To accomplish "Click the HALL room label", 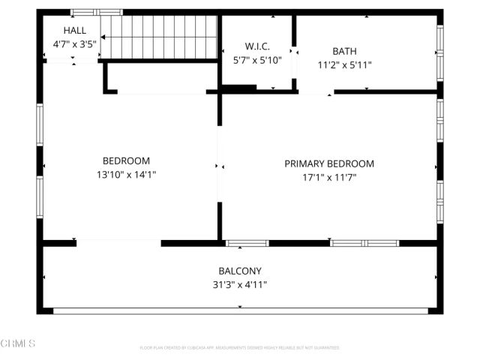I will pyautogui.click(x=74, y=31).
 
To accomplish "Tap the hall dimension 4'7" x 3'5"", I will pyautogui.click(x=74, y=44).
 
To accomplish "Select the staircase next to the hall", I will pyautogui.click(x=158, y=37).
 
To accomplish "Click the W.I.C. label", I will pyautogui.click(x=257, y=46).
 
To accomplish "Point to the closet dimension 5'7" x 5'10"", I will pyautogui.click(x=257, y=60).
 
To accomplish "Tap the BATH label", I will pyautogui.click(x=344, y=51).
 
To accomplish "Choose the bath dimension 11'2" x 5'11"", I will pyautogui.click(x=344, y=64).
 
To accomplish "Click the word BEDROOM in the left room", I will pyautogui.click(x=126, y=160).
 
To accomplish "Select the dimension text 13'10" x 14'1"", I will pyautogui.click(x=126, y=174).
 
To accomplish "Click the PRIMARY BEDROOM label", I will pyautogui.click(x=329, y=163).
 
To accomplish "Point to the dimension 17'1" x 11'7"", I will pyautogui.click(x=329, y=177).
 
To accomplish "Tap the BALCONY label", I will pyautogui.click(x=240, y=271).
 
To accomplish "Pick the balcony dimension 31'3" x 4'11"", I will pyautogui.click(x=240, y=284).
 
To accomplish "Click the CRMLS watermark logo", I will pyautogui.click(x=18, y=343).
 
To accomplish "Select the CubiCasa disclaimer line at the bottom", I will pyautogui.click(x=240, y=348).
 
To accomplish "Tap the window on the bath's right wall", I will pyautogui.click(x=440, y=52).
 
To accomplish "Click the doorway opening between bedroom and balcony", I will pyautogui.click(x=118, y=242).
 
